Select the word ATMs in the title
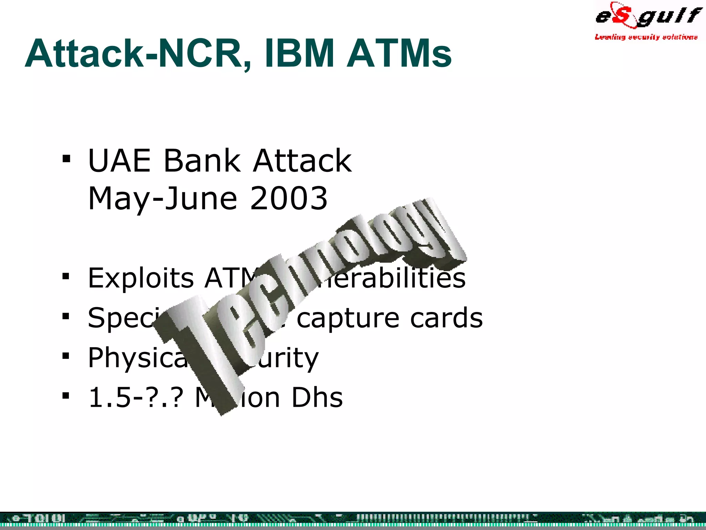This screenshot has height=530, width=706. pyautogui.click(x=399, y=53)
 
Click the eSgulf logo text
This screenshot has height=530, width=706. pyautogui.click(x=648, y=16)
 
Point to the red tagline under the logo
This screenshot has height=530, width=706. pyautogui.click(x=646, y=37)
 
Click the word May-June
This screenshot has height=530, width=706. pyautogui.click(x=163, y=199)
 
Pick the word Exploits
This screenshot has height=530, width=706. pyautogui.click(x=141, y=278)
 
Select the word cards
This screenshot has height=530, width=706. pyautogui.click(x=446, y=318)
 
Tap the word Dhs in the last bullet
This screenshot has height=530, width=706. pyautogui.click(x=317, y=397)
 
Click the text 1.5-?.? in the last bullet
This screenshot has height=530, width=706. pyautogui.click(x=134, y=397)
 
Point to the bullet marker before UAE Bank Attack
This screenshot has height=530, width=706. pyautogui.click(x=66, y=159)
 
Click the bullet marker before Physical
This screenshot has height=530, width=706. pyautogui.click(x=66, y=356)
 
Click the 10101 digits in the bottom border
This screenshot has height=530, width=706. pyautogui.click(x=45, y=519)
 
